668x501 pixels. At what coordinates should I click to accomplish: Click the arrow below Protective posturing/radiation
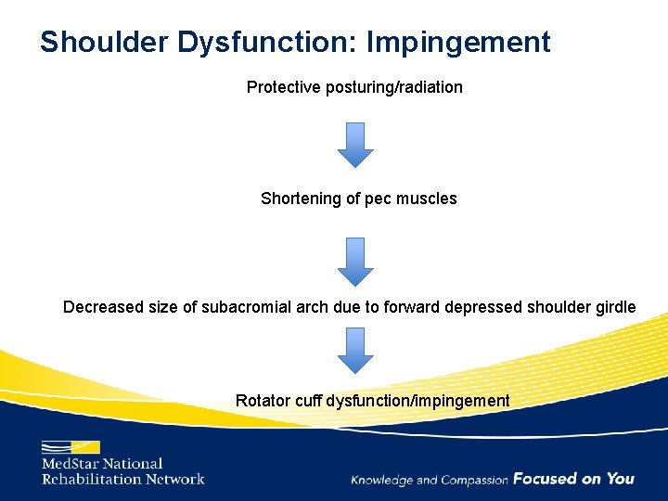(x=354, y=145)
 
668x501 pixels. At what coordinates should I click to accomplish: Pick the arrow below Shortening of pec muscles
(x=354, y=262)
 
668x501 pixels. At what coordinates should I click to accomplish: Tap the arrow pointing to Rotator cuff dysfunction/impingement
(x=354, y=350)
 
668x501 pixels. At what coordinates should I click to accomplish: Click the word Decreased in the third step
(x=103, y=307)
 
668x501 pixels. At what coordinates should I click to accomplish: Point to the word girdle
(x=614, y=307)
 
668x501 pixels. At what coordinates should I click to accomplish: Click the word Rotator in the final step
(x=263, y=401)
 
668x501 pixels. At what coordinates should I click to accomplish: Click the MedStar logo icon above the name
(x=71, y=446)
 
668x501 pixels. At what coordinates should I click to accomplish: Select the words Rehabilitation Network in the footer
(x=122, y=479)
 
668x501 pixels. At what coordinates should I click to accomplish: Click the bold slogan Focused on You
(x=573, y=479)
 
